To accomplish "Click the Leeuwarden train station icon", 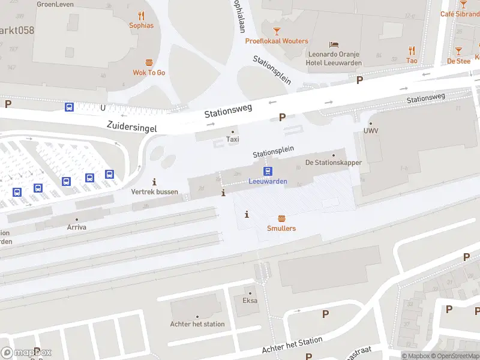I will [269, 171].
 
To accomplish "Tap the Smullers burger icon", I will [281, 219].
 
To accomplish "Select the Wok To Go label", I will [149, 73].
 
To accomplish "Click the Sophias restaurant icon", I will [141, 16].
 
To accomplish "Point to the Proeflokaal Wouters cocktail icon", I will [277, 31].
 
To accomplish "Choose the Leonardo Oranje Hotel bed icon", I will [334, 45].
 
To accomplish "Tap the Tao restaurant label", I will [412, 61].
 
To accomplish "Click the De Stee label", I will [458, 61].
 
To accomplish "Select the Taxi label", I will [232, 139].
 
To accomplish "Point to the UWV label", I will [371, 131].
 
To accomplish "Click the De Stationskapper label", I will [333, 163].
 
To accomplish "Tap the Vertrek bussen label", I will [155, 191].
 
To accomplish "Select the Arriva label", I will [76, 228].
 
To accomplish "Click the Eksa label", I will [250, 301].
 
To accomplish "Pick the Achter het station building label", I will [197, 324].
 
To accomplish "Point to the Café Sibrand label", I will [460, 14].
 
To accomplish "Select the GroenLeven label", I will [55, 4].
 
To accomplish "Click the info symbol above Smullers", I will [247, 214].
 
